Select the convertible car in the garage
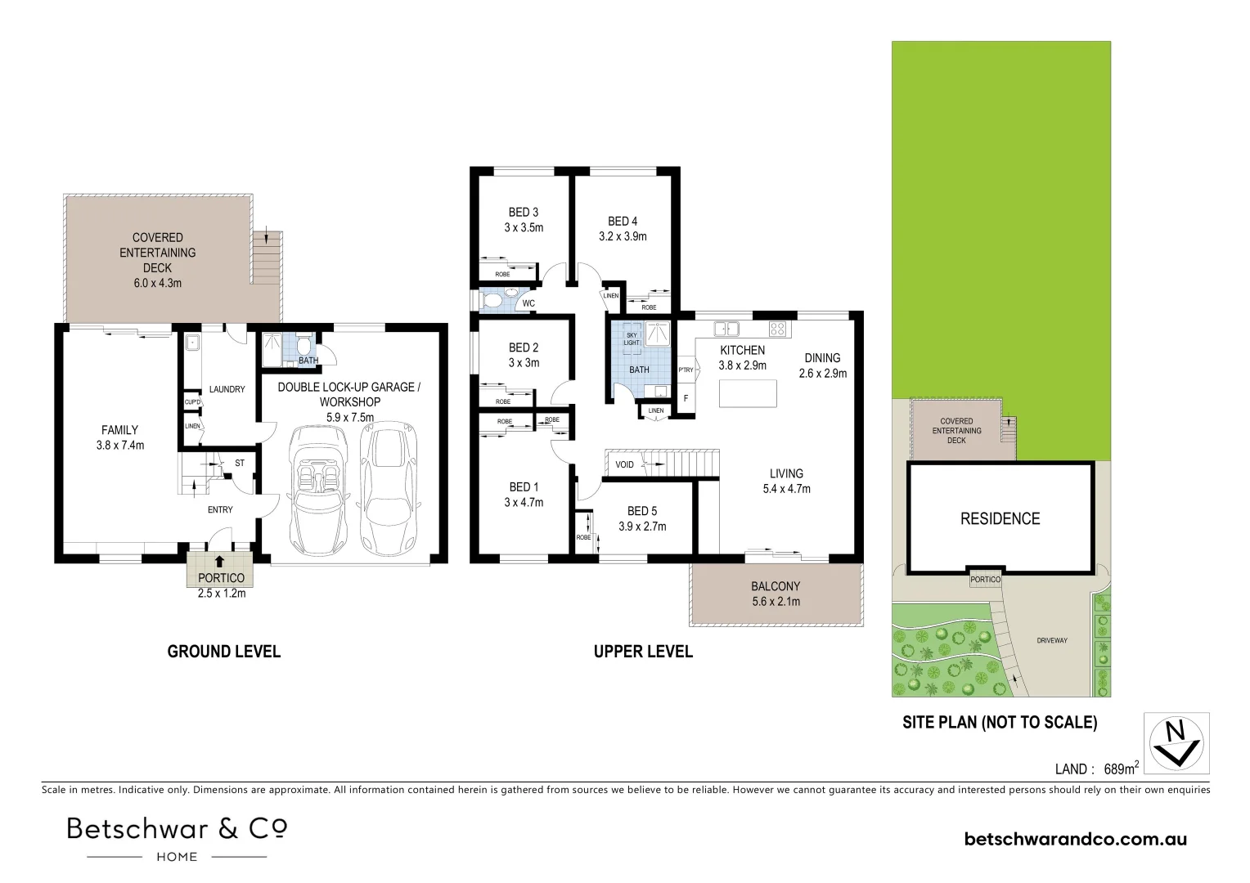316,486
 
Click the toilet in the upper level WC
493,301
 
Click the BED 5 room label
642,511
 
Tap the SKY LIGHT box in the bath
632,338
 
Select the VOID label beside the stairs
625,464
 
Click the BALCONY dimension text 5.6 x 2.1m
776,602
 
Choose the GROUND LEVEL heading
223,652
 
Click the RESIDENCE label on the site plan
1000,518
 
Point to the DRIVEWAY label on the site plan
1051,640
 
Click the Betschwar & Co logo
177,837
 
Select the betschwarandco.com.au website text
1076,839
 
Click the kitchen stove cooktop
777,329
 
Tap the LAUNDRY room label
227,389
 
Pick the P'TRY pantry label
686,370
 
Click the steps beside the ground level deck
267,257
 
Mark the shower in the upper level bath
657,334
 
